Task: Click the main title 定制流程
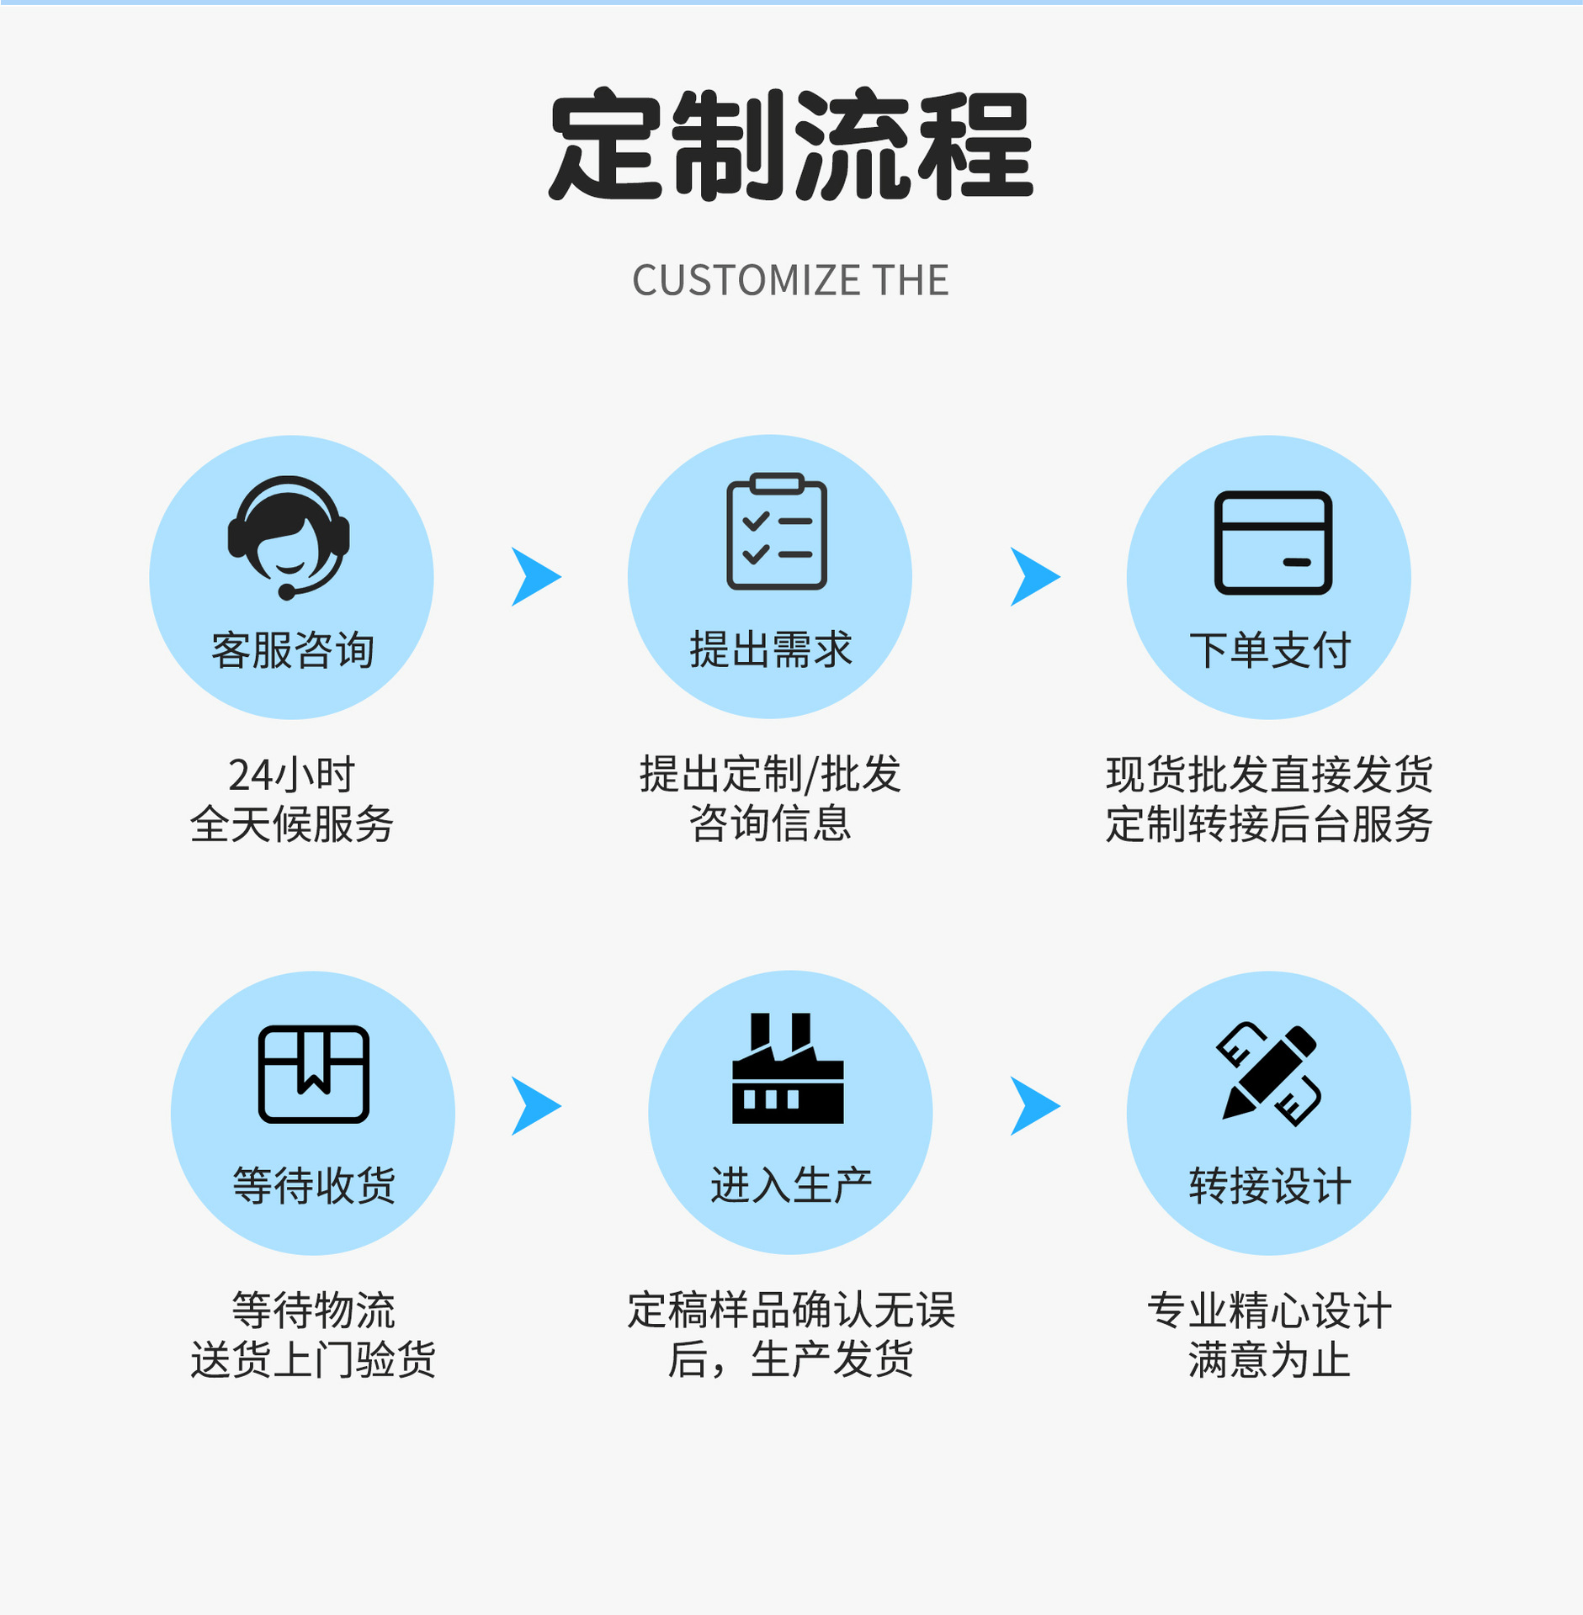790,146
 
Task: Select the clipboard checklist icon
776,532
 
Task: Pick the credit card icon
1272,543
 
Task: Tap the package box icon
313,1074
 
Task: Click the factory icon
788,1070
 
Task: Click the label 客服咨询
292,650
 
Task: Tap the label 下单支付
1269,650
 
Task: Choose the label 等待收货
313,1186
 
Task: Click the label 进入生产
791,1186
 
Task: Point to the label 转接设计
1269,1186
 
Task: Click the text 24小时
291,774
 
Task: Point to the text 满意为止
1269,1360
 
